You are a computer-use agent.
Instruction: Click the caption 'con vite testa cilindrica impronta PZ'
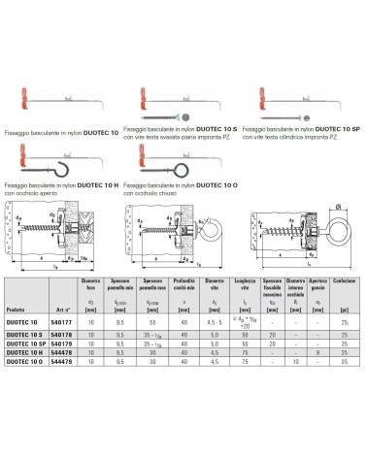pyautogui.click(x=300, y=135)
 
